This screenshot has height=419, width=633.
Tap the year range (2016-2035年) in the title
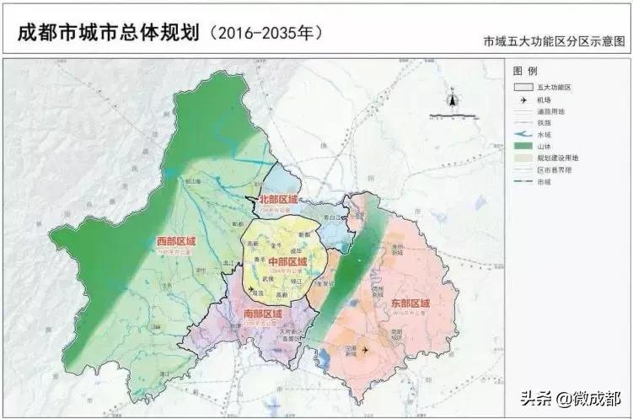tap(267, 34)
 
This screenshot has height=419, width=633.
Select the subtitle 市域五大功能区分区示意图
tap(555, 40)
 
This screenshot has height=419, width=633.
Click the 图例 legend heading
tap(525, 71)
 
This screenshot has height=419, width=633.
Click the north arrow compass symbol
tap(453, 100)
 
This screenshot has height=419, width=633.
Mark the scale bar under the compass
tap(453, 115)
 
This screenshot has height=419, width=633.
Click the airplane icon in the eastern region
tap(365, 349)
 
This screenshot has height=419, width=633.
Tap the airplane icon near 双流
tap(250, 289)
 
